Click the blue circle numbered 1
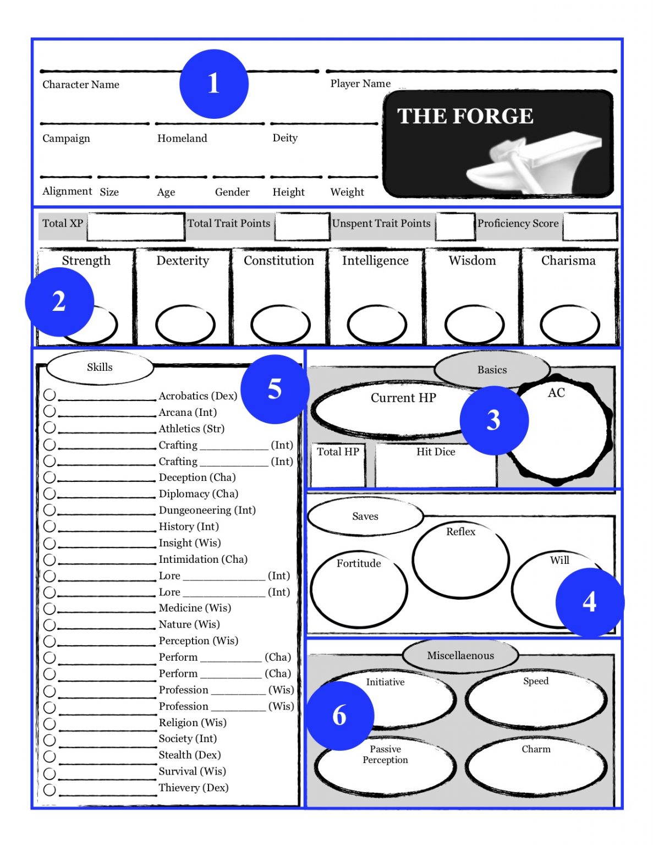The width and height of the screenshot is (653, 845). [213, 84]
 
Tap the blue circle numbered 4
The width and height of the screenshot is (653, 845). [589, 602]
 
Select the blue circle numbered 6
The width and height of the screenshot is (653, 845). [339, 715]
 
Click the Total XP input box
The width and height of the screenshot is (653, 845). [135, 227]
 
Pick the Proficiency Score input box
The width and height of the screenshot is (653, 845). [590, 227]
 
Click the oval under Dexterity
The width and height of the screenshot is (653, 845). [185, 325]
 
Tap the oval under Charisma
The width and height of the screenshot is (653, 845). [569, 325]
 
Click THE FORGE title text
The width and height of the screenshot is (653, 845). [465, 116]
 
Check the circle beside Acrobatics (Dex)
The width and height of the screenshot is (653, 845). [50, 395]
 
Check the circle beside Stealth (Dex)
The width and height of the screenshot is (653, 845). [50, 756]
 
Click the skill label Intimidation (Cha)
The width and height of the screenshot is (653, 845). [203, 559]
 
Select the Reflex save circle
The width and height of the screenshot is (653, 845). [460, 561]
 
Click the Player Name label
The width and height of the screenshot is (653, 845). [360, 84]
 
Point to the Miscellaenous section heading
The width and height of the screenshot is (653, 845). [460, 655]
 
